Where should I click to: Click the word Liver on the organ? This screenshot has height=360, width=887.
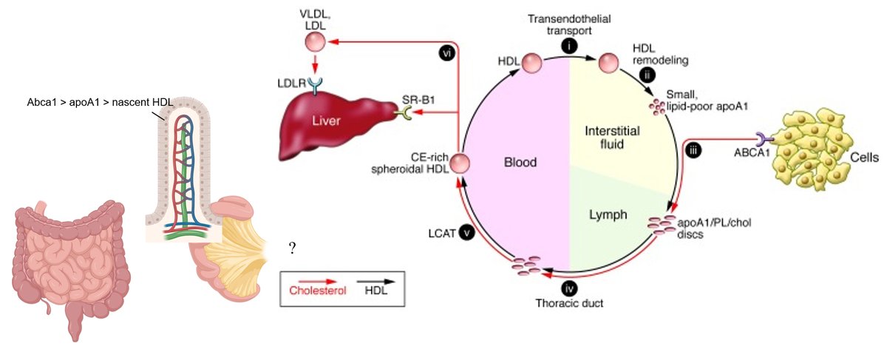[325, 121]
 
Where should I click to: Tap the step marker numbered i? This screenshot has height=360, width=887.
[569, 46]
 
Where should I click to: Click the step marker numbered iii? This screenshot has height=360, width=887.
[693, 152]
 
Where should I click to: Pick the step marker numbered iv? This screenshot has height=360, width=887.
[569, 288]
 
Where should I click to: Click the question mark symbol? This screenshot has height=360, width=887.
[293, 248]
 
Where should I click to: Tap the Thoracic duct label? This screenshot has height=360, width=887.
[569, 302]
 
